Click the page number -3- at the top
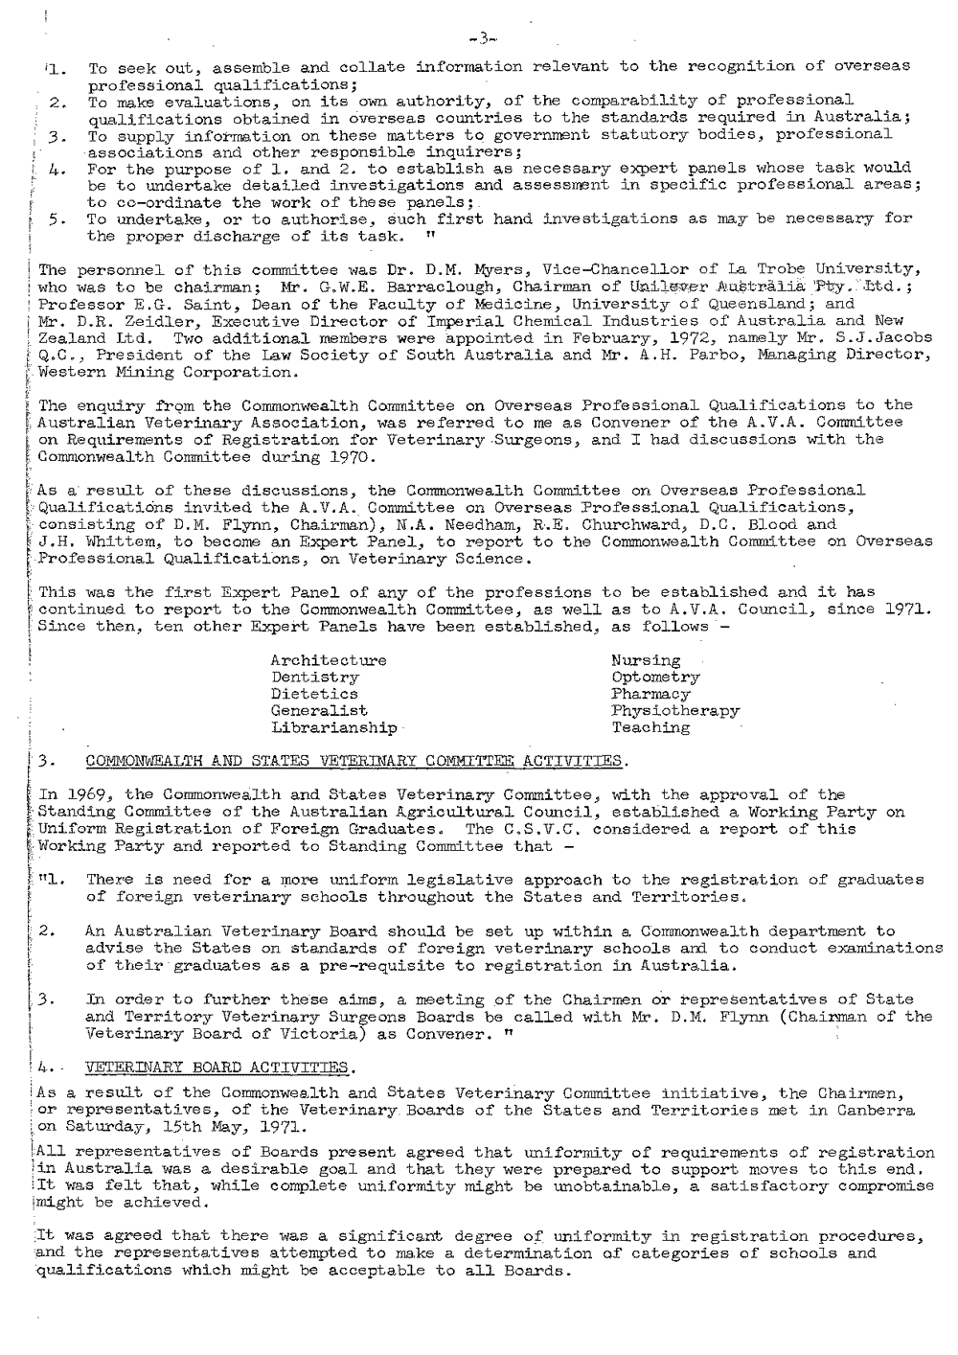[480, 39]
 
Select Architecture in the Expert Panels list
[329, 660]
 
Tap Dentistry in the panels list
[315, 677]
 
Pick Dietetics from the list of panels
[315, 694]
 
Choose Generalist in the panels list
[319, 711]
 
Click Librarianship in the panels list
[333, 728]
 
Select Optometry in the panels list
[655, 677]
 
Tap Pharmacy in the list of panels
[650, 694]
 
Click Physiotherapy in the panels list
[674, 711]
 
